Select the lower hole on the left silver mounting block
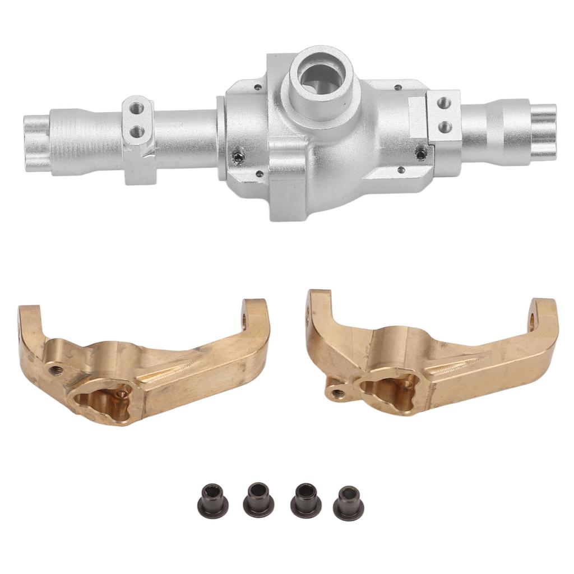click(137, 132)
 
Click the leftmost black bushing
click(212, 500)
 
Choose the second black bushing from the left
click(258, 499)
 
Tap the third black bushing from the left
click(305, 499)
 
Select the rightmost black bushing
click(348, 502)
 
